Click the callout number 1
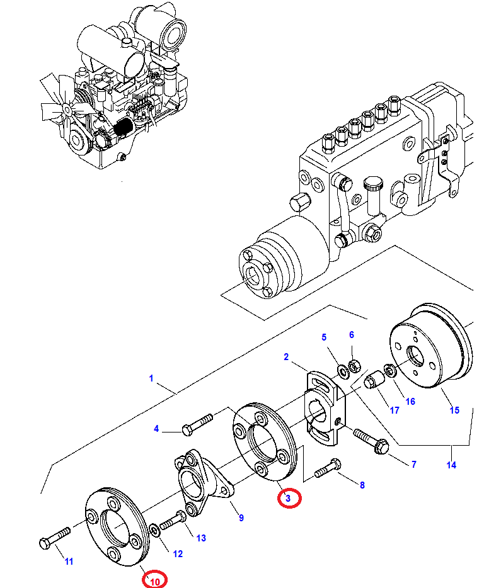(151, 378)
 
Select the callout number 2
(285, 357)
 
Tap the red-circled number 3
(288, 499)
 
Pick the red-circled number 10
(154, 580)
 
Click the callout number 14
(451, 465)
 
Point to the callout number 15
(454, 410)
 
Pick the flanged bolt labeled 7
(372, 440)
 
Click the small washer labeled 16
(390, 370)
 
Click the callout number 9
(241, 518)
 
